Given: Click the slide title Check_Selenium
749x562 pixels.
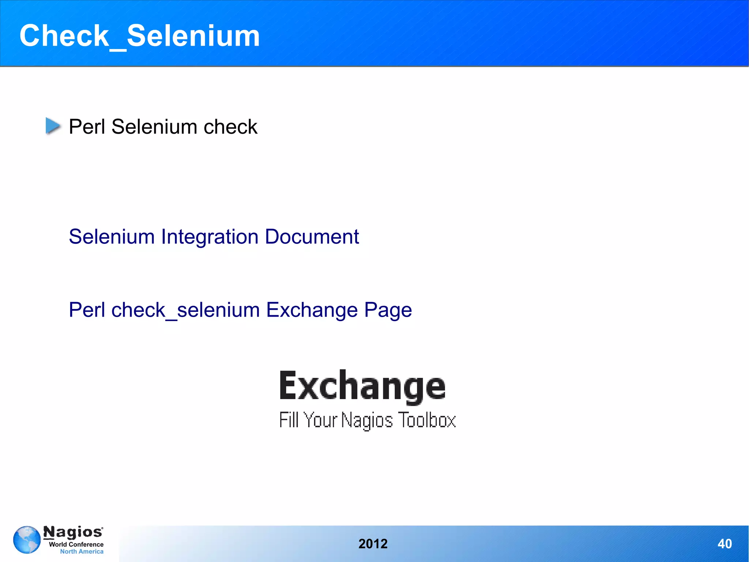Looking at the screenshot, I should [x=139, y=36].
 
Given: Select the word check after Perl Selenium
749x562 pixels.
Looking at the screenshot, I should [x=230, y=127].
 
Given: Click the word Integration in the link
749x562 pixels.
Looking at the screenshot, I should [x=210, y=237].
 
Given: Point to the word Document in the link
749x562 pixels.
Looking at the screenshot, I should [x=312, y=237].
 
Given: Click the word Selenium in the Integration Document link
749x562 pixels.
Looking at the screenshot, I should [x=112, y=237].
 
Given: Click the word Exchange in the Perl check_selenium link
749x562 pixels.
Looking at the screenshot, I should [x=312, y=310].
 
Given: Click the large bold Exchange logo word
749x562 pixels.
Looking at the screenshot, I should [x=362, y=386].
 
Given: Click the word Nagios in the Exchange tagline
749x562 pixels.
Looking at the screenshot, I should [x=367, y=420].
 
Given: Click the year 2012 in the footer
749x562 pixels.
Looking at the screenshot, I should [x=373, y=544].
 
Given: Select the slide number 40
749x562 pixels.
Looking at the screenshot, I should [x=724, y=544].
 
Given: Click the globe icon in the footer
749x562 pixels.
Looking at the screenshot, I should [x=27, y=540].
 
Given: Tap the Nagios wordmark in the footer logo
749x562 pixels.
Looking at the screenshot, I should [x=73, y=532].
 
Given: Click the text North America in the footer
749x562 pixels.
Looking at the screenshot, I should [x=82, y=551].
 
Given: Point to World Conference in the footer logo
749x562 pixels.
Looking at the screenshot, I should [x=76, y=544].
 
